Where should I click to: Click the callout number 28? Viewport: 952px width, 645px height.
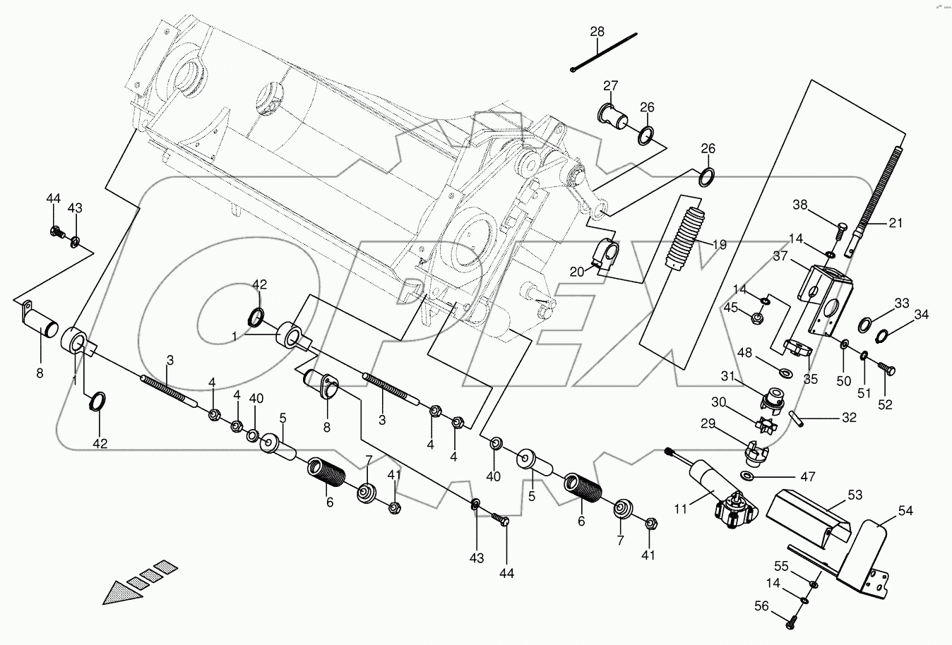tap(597, 32)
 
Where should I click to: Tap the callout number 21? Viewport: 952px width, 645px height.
tap(895, 223)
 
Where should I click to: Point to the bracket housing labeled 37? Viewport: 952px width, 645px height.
tap(822, 296)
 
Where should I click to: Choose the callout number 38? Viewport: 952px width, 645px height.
tap(799, 205)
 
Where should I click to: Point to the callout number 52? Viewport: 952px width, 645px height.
tap(884, 404)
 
